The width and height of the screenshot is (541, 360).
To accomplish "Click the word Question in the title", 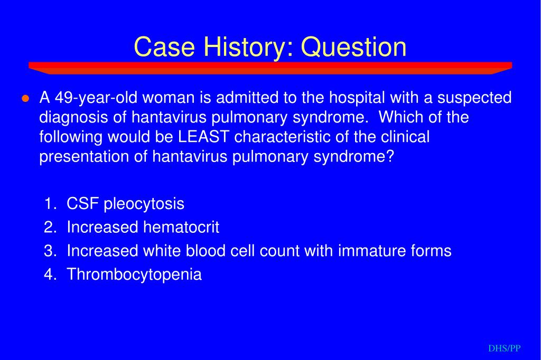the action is [x=353, y=47].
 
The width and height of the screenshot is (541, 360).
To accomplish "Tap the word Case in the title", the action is [x=164, y=47].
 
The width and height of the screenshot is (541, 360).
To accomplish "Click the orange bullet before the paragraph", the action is [x=25, y=99].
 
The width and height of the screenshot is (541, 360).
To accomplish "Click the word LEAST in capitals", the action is [x=203, y=137].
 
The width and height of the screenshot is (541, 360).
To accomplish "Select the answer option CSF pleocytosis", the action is [x=125, y=204].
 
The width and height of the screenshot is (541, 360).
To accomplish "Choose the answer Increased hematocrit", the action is [x=143, y=227].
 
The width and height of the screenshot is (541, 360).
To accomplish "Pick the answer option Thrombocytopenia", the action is [x=134, y=275].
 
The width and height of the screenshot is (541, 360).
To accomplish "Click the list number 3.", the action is [x=50, y=251].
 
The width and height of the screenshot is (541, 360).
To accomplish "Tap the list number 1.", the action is [x=50, y=203].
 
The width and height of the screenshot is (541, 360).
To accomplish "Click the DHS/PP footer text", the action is [x=505, y=348].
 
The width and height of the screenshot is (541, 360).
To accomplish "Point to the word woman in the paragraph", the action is [x=169, y=98].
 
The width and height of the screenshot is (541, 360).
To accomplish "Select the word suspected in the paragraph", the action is [x=474, y=98].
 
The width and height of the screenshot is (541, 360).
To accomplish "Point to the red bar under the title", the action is [x=270, y=68].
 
